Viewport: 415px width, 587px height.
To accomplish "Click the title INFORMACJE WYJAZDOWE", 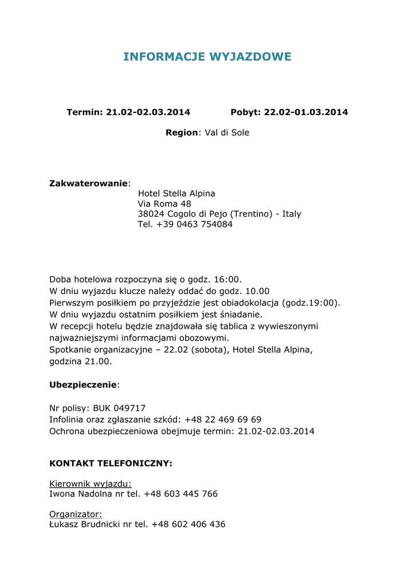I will click(x=207, y=57).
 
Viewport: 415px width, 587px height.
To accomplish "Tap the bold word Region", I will click(x=182, y=132).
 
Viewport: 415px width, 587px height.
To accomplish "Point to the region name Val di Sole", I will click(x=227, y=132).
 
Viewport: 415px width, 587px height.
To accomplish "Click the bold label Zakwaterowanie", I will click(x=88, y=183).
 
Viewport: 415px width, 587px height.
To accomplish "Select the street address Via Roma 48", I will click(x=165, y=204).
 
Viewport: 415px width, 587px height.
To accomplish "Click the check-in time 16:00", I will click(x=228, y=279).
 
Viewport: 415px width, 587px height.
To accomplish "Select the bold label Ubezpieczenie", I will click(x=83, y=384).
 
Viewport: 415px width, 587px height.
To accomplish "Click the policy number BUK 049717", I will click(x=119, y=408).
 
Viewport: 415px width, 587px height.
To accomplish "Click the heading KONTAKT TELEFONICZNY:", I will click(x=111, y=463).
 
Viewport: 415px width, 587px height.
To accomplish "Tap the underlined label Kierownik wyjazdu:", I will click(x=91, y=483).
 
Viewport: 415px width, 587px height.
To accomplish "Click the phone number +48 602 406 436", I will click(x=189, y=524).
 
